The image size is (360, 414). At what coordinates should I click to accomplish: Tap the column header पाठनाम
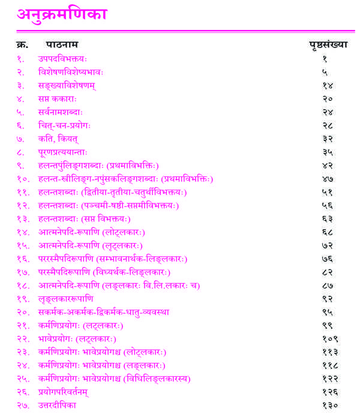pyautogui.click(x=62, y=45)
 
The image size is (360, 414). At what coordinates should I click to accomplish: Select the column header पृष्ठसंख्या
pyautogui.click(x=328, y=45)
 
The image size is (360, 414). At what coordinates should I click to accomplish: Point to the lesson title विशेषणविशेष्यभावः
pyautogui.click(x=71, y=72)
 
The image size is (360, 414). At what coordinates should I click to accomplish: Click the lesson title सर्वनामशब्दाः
pyautogui.click(x=61, y=112)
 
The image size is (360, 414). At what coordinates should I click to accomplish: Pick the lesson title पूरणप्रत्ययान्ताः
pyautogui.click(x=66, y=152)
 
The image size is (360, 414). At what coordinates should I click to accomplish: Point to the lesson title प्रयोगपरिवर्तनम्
pyautogui.click(x=67, y=392)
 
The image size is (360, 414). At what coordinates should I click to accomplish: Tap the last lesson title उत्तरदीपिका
pyautogui.click(x=58, y=405)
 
